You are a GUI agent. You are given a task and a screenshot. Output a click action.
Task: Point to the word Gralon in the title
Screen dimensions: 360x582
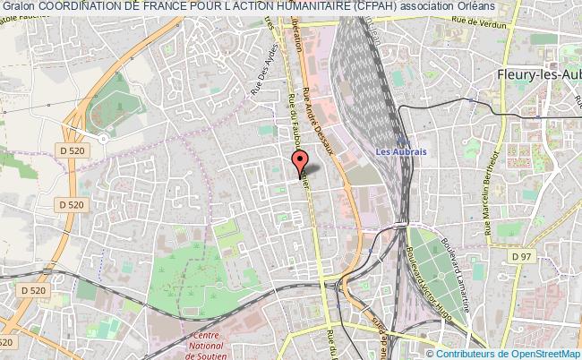[18, 7]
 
